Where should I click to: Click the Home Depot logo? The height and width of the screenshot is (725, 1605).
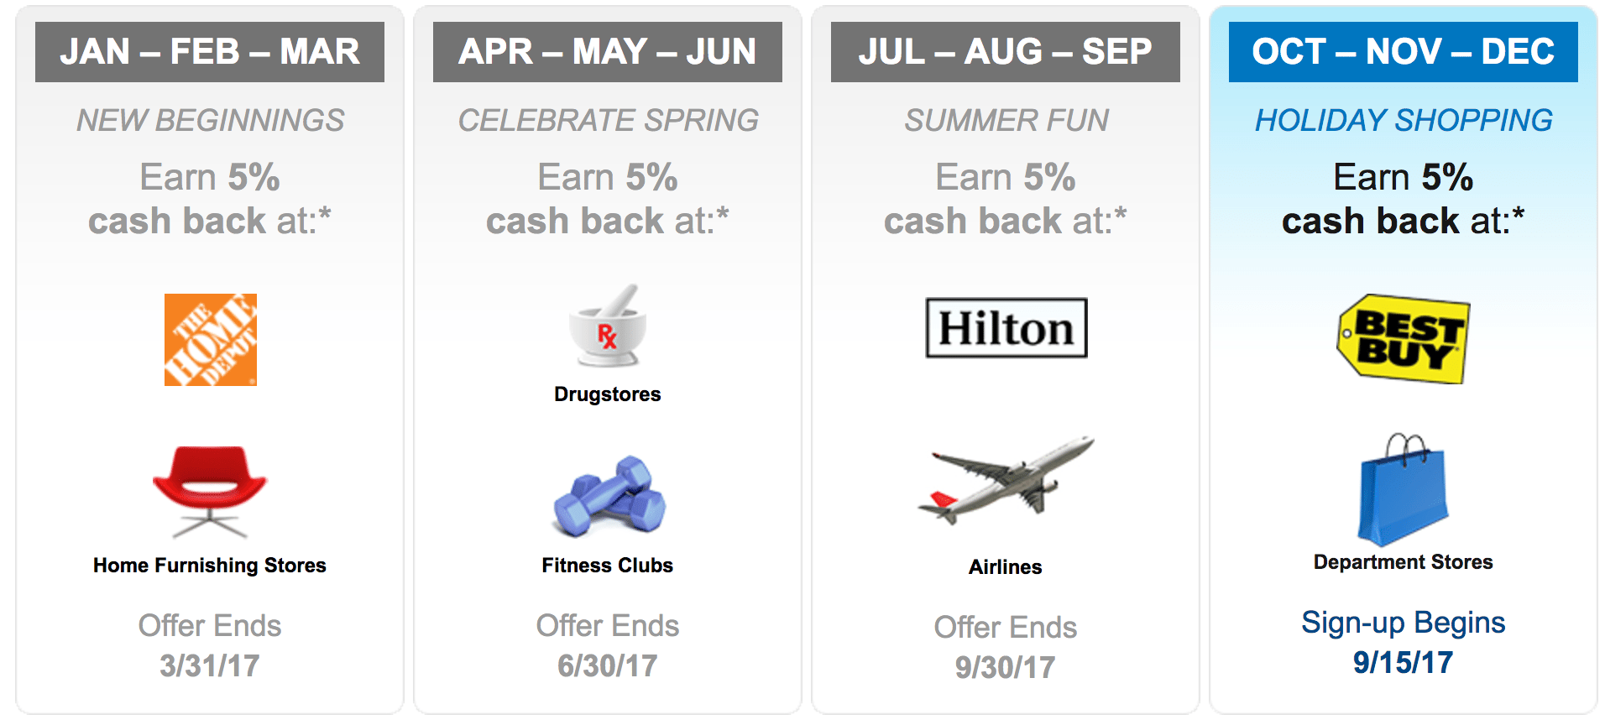pyautogui.click(x=211, y=340)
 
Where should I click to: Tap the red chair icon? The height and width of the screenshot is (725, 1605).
pyautogui.click(x=210, y=491)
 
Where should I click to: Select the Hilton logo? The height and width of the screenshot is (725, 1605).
pyautogui.click(x=1006, y=328)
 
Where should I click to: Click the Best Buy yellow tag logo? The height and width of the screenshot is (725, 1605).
pyautogui.click(x=1404, y=338)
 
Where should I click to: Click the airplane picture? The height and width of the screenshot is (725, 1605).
pyautogui.click(x=1006, y=479)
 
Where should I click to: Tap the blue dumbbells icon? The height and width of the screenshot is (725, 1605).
pyautogui.click(x=609, y=497)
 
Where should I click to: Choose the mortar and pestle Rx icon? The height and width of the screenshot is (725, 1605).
pyautogui.click(x=607, y=326)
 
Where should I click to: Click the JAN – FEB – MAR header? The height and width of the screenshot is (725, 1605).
pyautogui.click(x=210, y=52)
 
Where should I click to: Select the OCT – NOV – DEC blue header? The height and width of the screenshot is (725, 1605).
pyautogui.click(x=1404, y=52)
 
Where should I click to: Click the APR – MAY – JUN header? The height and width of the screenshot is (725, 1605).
pyautogui.click(x=608, y=52)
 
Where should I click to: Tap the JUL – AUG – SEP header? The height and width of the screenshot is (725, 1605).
pyautogui.click(x=1006, y=52)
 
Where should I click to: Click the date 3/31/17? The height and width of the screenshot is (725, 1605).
pyautogui.click(x=210, y=666)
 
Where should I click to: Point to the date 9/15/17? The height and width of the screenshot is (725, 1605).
pyautogui.click(x=1403, y=663)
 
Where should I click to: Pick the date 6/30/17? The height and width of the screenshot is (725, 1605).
pyautogui.click(x=608, y=666)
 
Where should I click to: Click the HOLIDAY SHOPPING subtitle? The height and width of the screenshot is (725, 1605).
pyautogui.click(x=1404, y=121)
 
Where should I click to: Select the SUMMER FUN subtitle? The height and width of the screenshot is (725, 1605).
pyautogui.click(x=1006, y=121)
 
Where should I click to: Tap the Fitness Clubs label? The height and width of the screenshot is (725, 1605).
pyautogui.click(x=608, y=566)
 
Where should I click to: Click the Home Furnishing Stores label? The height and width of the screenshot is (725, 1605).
pyautogui.click(x=210, y=566)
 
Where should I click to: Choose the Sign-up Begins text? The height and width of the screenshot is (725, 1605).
pyautogui.click(x=1404, y=623)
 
